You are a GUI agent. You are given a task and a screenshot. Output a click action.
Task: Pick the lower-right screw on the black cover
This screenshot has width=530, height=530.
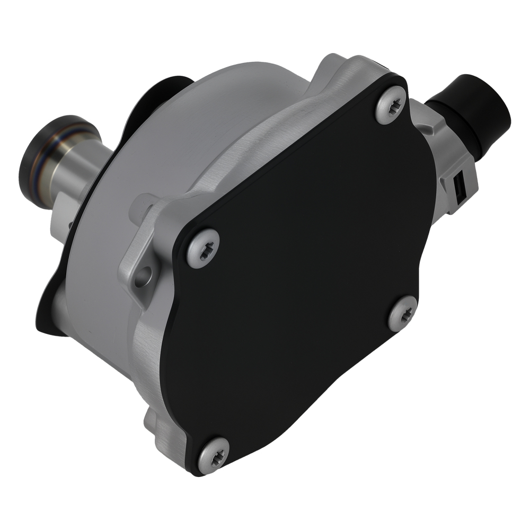[x=402, y=313]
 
